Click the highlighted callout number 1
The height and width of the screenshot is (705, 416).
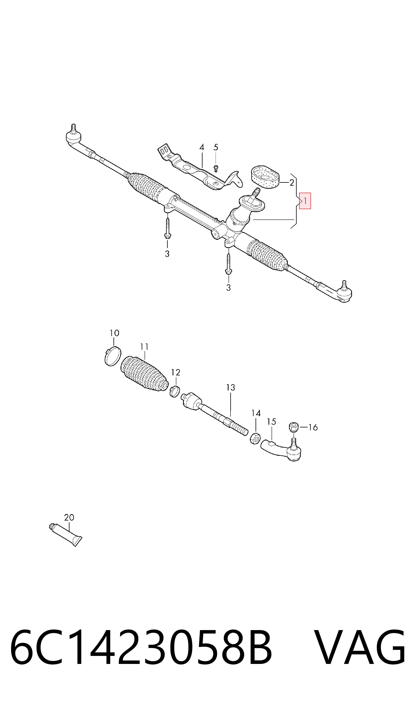coord(305,201)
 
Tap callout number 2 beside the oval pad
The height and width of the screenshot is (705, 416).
coord(292,183)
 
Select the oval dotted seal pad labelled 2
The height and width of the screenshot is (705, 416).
coord(265,177)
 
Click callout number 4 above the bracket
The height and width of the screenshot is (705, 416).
coord(202,147)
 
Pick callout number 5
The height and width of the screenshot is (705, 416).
coord(216,147)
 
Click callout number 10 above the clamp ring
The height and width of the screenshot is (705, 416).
coord(114,333)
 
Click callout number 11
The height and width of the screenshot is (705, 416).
coord(144,347)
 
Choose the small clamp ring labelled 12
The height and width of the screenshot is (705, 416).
coord(175,391)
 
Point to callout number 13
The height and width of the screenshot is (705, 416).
coord(231,388)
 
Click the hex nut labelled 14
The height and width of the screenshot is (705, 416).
coord(255,439)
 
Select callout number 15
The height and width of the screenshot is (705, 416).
coord(271,422)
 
